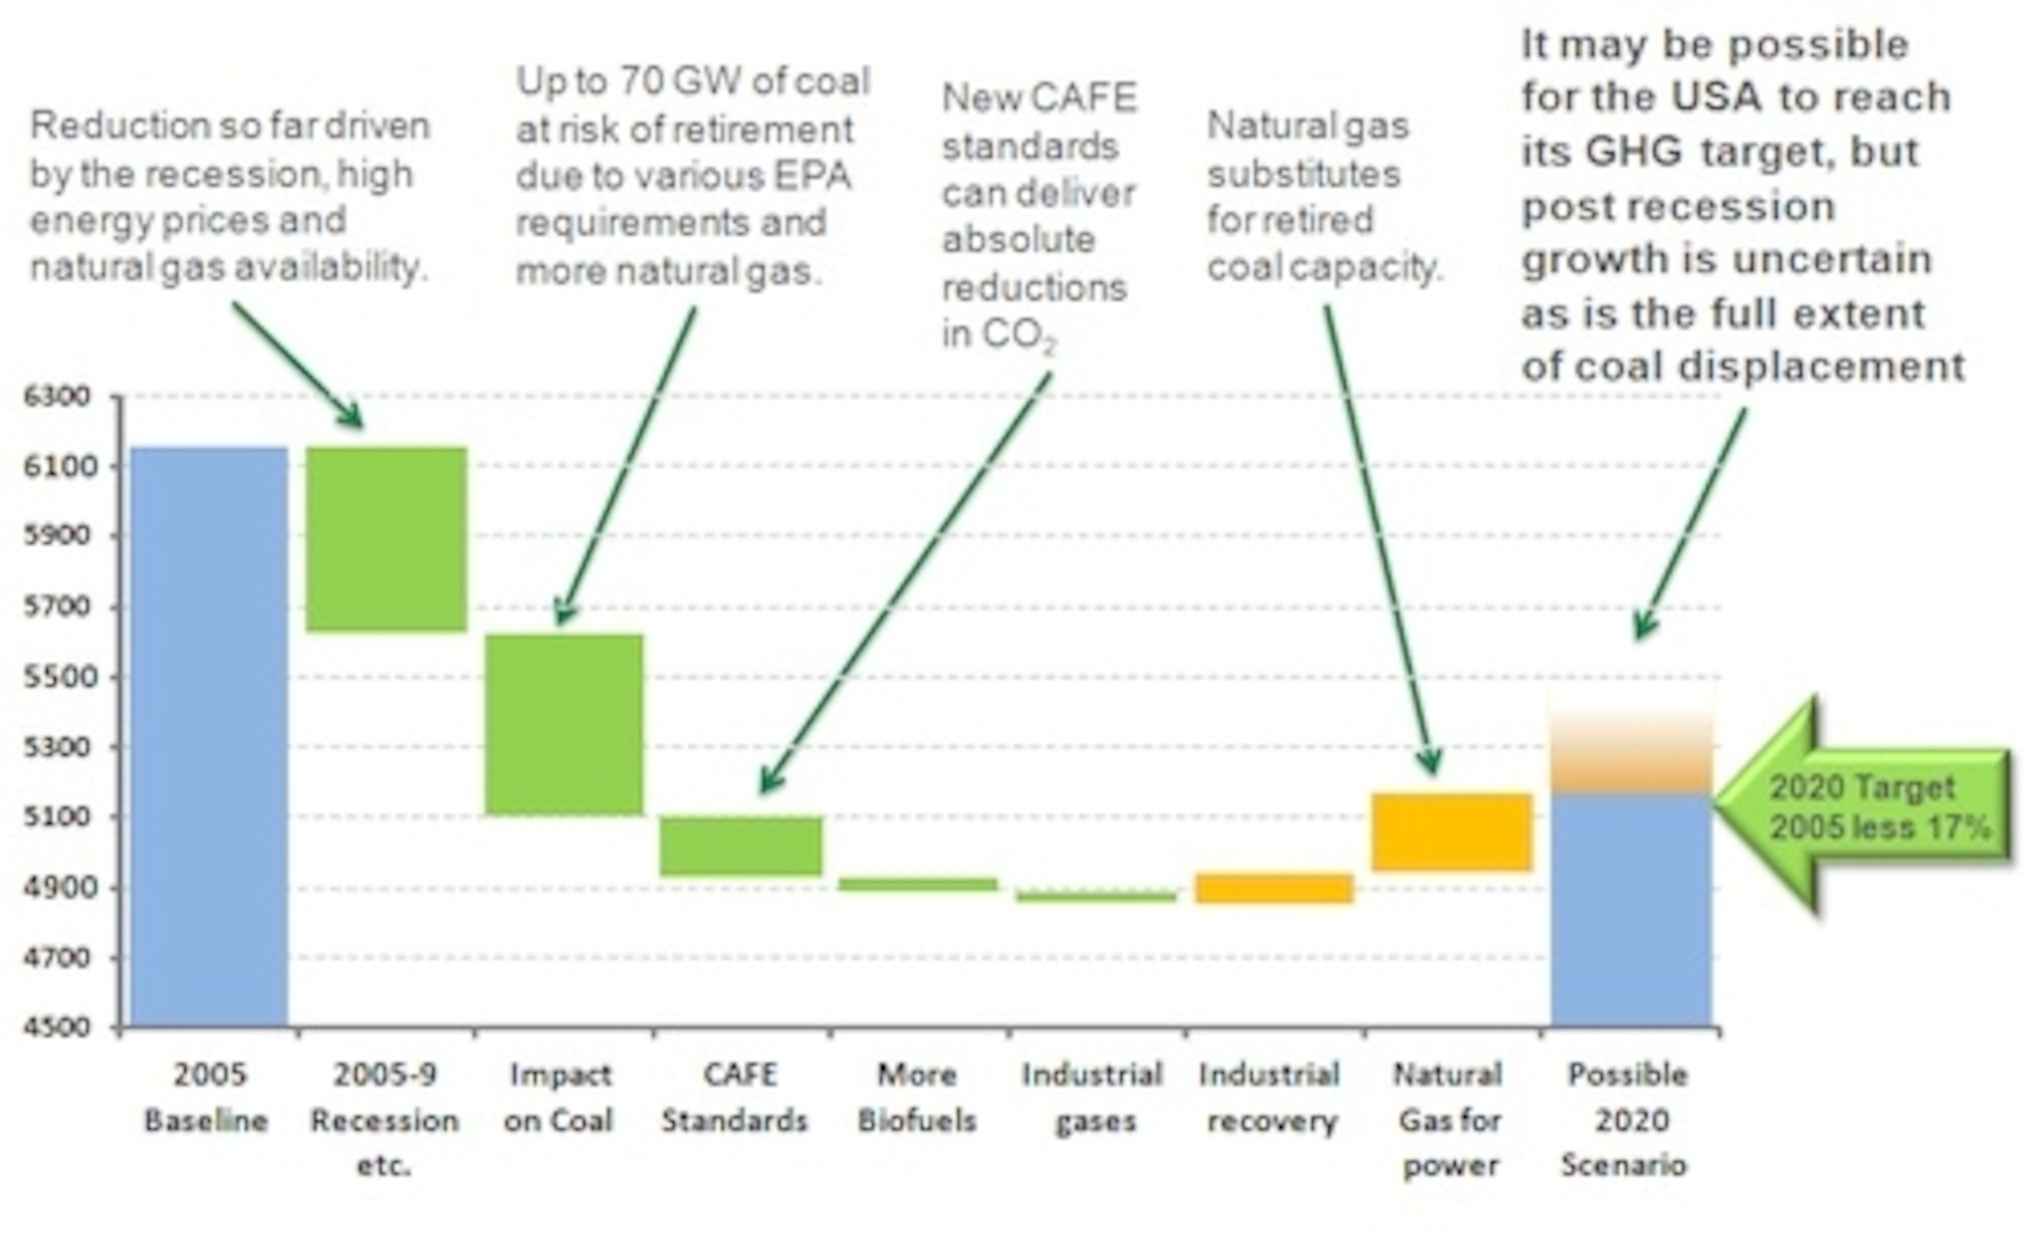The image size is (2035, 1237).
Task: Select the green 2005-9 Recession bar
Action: pos(386,538)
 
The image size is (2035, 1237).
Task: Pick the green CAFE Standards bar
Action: pos(741,846)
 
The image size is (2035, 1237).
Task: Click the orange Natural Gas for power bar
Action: pos(1451,832)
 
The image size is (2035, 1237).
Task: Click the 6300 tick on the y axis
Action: pos(57,397)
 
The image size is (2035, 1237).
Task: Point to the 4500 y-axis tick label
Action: pos(57,1026)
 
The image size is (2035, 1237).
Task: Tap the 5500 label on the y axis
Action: pos(57,676)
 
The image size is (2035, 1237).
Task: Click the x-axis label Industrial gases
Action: pos(1092,1097)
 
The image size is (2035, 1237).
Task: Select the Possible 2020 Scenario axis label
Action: pos(1626,1119)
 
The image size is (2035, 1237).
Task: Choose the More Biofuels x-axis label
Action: pos(917,1097)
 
